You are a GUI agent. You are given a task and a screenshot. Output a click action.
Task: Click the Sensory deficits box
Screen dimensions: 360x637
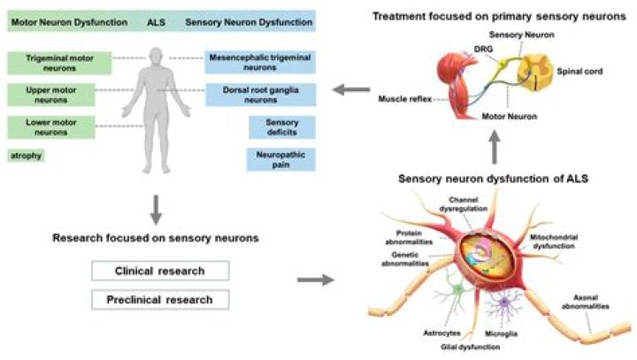[280, 126]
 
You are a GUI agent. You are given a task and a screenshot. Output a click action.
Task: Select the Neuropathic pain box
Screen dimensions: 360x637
[280, 159]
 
